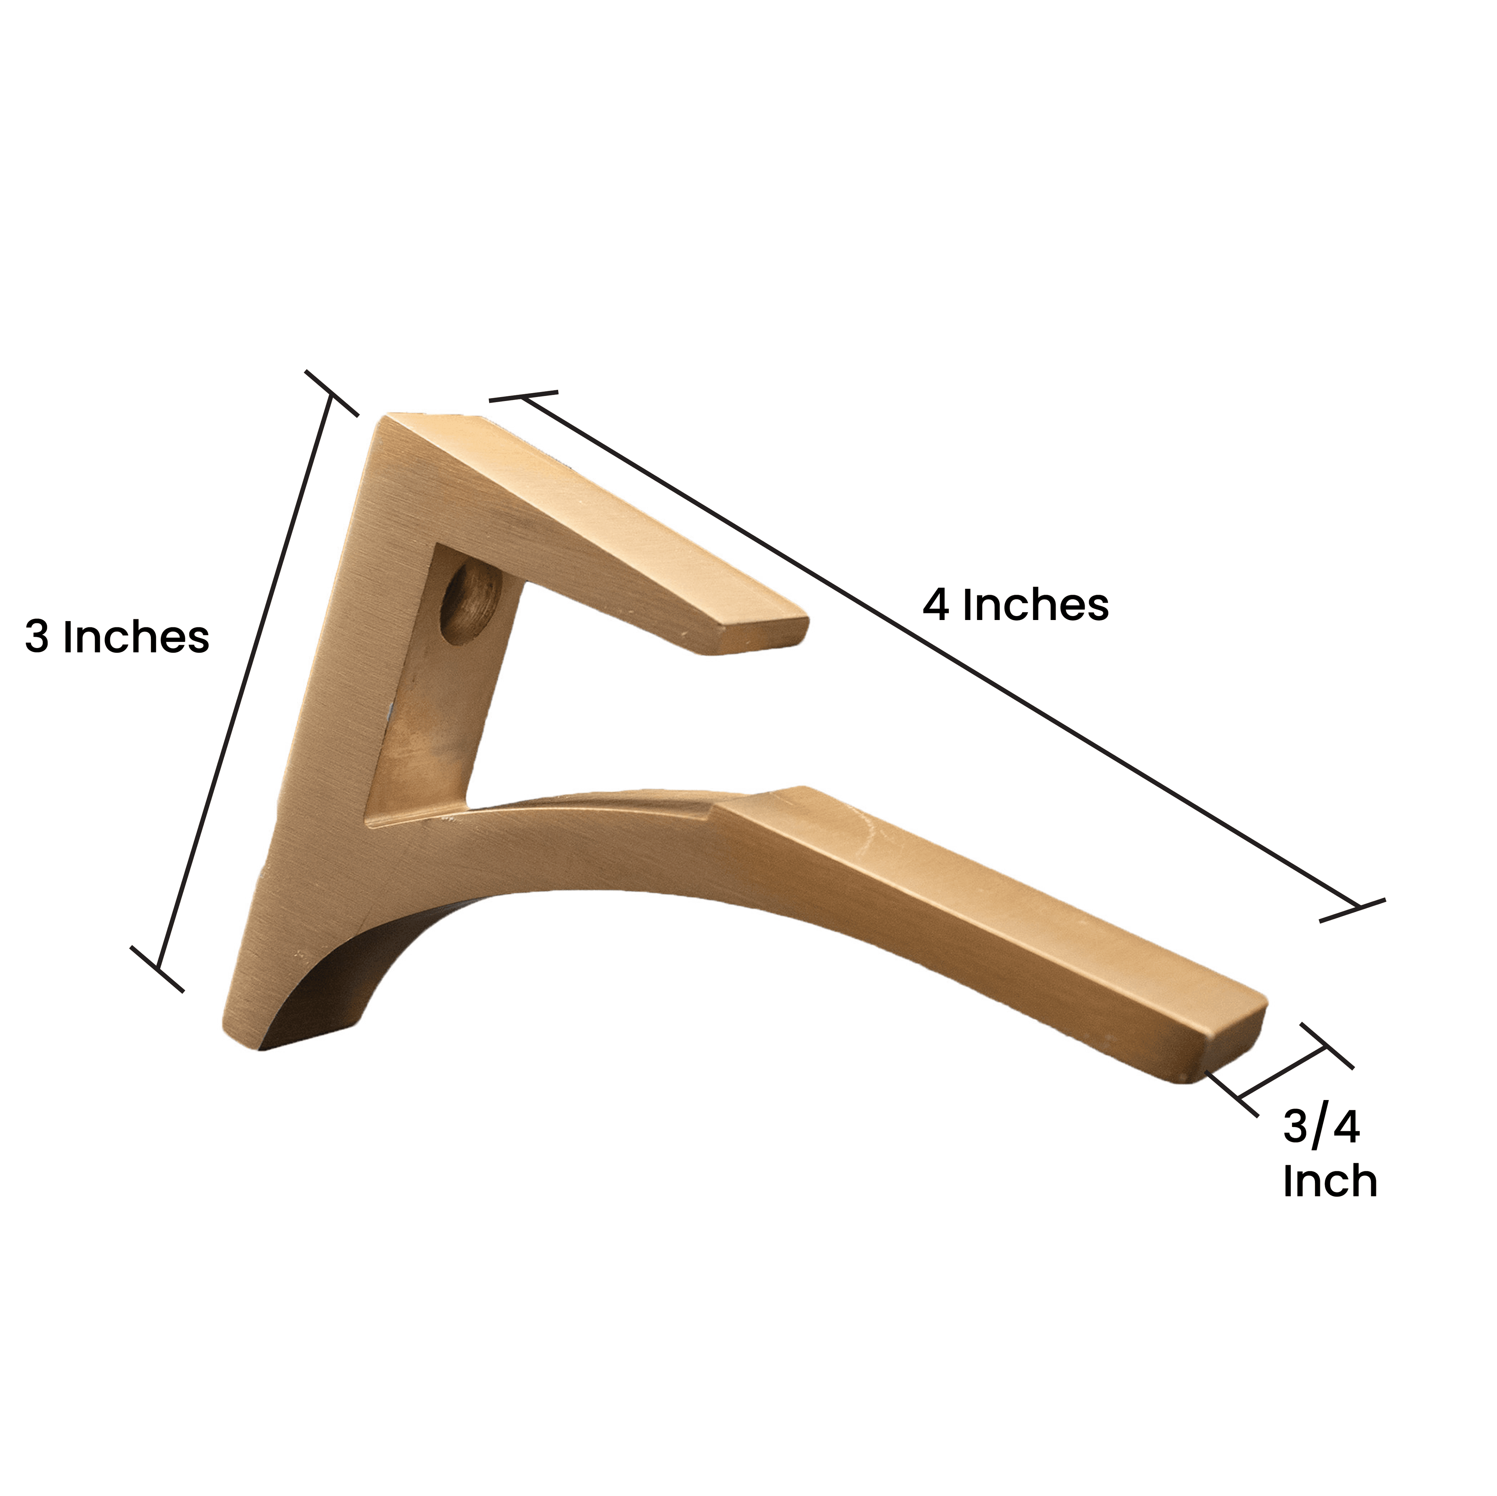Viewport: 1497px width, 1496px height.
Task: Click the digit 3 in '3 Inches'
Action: (36, 638)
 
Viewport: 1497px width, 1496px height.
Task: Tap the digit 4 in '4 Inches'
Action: (935, 605)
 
